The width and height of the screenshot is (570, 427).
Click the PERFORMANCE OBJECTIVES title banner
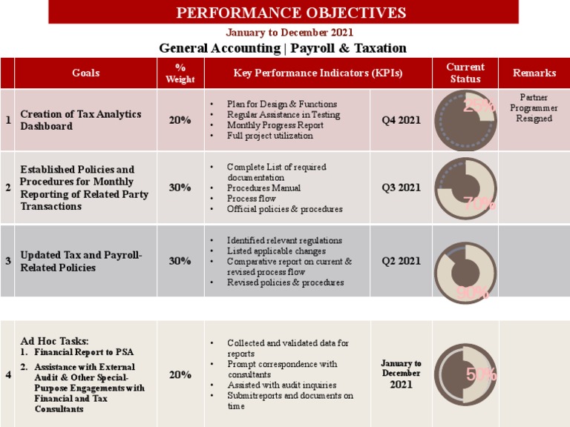coord(290,13)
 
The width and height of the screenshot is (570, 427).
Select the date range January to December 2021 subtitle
coord(289,33)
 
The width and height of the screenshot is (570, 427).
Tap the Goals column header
coord(85,73)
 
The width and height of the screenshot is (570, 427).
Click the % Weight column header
coord(180,73)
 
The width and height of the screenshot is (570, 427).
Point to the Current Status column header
coord(465,73)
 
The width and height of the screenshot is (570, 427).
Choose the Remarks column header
coord(534,73)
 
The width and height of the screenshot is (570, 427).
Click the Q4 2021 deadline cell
coord(401,120)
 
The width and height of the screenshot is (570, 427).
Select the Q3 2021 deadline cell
coord(401,188)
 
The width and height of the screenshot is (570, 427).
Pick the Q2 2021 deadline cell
coord(401,261)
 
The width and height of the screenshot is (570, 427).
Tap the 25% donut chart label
coord(479,105)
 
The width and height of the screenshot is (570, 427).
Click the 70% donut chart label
coord(479,205)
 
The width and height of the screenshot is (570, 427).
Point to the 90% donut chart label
coord(472,293)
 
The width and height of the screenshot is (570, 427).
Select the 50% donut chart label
coord(481,375)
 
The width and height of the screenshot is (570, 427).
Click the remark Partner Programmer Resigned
coord(534,108)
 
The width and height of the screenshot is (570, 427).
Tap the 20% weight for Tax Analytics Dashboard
coord(180,120)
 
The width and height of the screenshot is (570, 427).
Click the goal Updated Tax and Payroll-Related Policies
coord(81,261)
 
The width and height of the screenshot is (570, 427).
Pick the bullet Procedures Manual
coord(263,188)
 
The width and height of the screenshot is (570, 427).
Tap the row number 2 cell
coord(7,188)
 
